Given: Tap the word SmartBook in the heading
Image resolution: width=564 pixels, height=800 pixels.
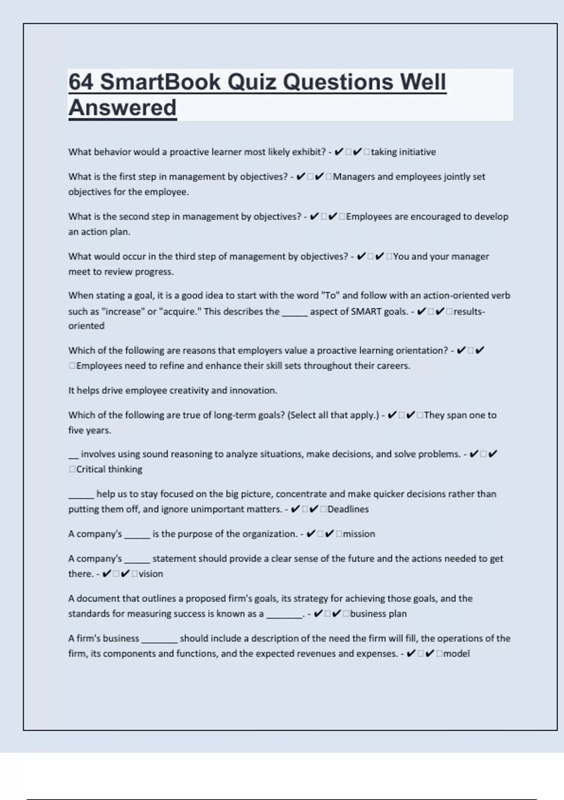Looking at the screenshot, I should pos(160,82).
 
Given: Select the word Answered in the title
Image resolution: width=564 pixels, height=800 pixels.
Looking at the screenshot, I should pos(122,108).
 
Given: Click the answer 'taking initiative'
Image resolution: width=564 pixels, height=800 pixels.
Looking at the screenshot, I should pos(403,152).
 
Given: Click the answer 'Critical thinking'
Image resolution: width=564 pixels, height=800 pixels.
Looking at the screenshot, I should pos(109,469).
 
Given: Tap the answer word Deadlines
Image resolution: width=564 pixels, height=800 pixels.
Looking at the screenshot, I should pos(348,509).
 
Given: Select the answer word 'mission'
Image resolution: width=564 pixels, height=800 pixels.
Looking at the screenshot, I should pos(359,534).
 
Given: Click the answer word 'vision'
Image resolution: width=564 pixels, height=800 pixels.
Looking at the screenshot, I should pos(151,574).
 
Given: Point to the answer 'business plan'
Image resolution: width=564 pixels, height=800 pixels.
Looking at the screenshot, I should pos(378,614).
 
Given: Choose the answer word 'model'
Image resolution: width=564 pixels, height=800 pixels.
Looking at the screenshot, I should pos(456,654).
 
